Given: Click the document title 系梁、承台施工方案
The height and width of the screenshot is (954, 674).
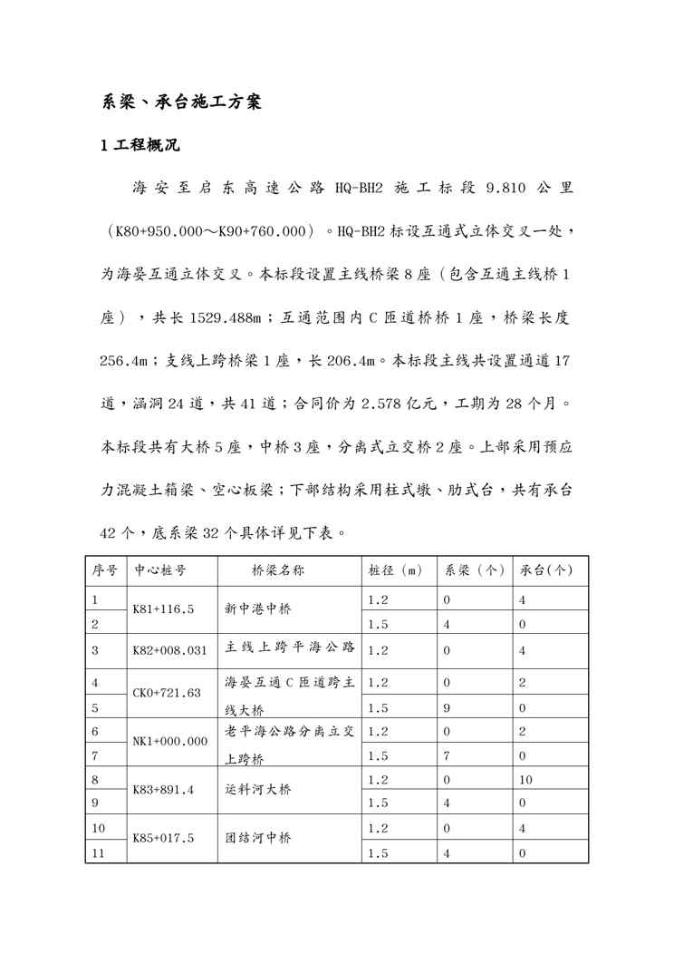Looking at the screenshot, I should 181,102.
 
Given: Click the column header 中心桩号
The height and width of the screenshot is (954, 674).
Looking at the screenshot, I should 161,570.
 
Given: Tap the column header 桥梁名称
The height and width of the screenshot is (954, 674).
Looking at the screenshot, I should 278,570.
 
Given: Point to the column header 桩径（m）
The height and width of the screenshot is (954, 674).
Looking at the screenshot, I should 396,570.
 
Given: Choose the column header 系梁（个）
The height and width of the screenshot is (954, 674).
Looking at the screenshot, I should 474,570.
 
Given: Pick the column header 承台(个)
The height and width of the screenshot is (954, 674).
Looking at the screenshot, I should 547,570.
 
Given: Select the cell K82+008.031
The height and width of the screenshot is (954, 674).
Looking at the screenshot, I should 170,650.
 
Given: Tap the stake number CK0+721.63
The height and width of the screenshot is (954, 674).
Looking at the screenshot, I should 167,693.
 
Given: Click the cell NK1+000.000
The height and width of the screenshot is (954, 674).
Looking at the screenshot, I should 170,741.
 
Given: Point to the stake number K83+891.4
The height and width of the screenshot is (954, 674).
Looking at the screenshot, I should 164,790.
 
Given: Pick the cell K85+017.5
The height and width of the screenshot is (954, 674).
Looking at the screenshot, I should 164,839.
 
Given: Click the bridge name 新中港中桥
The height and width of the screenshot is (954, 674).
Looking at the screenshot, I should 258,611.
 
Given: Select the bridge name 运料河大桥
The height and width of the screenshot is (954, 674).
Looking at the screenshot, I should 258,789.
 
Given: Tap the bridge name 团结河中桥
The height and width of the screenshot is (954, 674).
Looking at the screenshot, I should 258,839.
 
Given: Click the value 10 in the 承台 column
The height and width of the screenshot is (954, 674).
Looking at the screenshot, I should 526,779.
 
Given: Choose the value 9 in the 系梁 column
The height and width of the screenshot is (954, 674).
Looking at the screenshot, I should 447,706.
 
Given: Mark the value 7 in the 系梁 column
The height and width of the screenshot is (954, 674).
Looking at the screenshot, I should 447,754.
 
